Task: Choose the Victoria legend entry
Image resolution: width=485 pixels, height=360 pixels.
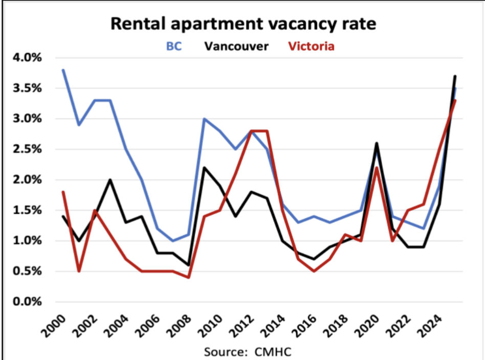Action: coord(311,47)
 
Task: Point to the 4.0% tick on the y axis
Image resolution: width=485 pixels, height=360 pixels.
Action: coord(26,58)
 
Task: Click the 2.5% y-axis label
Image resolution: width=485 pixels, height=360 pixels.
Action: coord(26,149)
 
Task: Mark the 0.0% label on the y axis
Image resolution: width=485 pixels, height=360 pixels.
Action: coord(26,302)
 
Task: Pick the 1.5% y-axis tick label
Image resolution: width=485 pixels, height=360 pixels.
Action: coord(26,210)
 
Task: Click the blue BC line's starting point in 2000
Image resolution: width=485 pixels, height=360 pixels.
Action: coord(63,70)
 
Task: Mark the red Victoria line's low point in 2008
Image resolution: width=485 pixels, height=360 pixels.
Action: coord(188,277)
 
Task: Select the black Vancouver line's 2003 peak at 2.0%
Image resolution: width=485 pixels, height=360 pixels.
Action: coord(110,180)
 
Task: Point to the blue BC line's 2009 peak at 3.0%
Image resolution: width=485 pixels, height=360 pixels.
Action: coord(204,119)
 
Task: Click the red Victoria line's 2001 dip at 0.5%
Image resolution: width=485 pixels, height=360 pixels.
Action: coord(79,271)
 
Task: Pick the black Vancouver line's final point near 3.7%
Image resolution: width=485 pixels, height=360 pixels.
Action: coord(455,76)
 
